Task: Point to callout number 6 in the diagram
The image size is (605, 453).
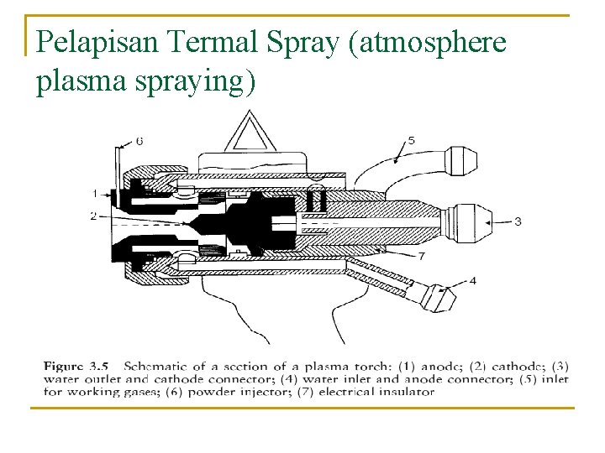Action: point(139,141)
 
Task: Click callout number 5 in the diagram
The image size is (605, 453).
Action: point(411,139)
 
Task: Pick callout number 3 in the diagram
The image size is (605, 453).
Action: point(517,221)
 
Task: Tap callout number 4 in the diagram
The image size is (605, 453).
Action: point(473,280)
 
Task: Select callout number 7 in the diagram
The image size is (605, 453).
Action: point(421,254)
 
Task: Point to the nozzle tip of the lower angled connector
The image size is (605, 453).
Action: point(439,296)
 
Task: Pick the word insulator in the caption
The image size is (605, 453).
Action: point(395,391)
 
